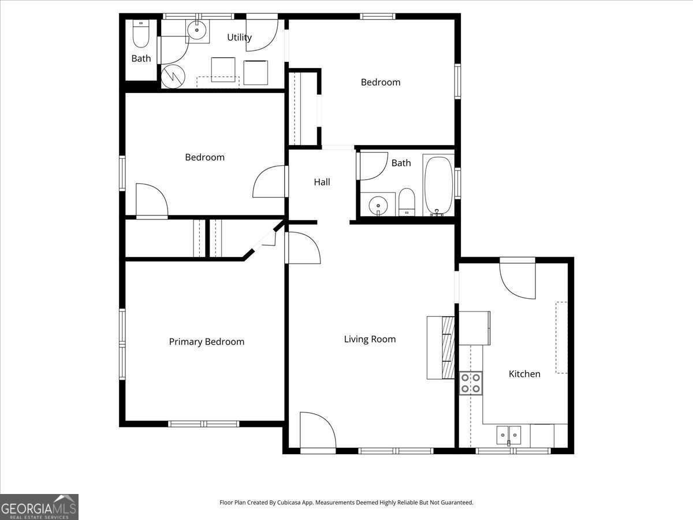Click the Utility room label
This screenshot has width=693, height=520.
click(x=239, y=37)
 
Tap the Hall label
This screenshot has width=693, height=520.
click(x=322, y=182)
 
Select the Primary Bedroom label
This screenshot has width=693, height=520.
click(x=207, y=341)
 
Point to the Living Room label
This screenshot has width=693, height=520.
click(x=370, y=339)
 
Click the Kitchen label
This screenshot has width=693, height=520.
click(x=524, y=374)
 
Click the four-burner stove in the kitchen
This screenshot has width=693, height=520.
click(x=471, y=383)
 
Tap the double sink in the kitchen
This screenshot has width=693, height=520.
click(x=509, y=436)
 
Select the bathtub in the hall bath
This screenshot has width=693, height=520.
click(x=438, y=185)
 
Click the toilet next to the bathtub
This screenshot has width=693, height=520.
click(x=407, y=202)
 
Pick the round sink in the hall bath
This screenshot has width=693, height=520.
click(x=378, y=205)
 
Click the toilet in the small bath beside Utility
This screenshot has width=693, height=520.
click(x=141, y=34)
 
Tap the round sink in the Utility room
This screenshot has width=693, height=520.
click(x=197, y=30)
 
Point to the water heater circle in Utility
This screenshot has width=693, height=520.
click(x=173, y=76)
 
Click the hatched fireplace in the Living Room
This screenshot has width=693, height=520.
click(x=448, y=347)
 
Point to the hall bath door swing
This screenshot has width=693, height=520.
click(x=374, y=166)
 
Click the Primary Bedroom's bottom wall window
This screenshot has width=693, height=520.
click(x=204, y=424)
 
